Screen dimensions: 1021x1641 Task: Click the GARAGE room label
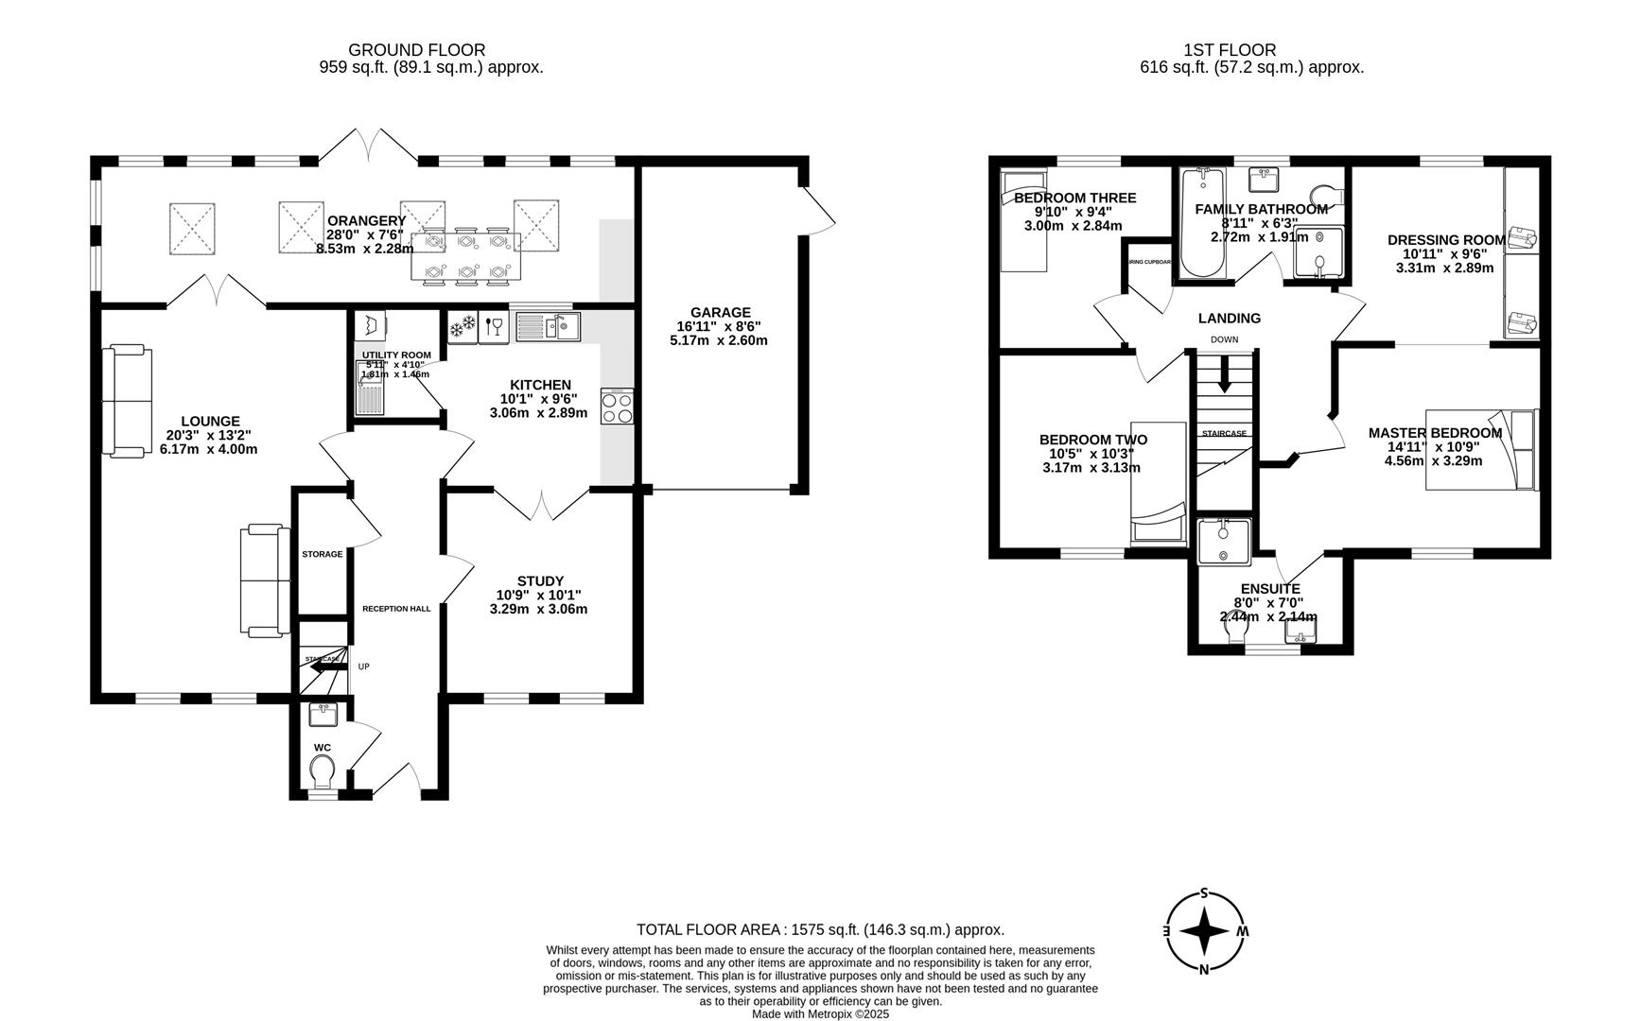[720, 313]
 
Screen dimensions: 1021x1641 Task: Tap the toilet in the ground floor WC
[322, 770]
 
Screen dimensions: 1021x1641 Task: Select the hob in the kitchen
[617, 407]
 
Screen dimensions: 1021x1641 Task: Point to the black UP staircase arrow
[324, 667]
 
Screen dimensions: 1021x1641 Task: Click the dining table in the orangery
[464, 256]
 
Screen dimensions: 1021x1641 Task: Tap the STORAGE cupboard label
[322, 554]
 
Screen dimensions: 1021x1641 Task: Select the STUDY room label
[540, 580]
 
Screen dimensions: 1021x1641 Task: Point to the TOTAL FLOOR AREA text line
[820, 929]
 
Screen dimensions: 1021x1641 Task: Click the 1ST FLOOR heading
[1229, 50]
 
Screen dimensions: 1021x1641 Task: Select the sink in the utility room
[368, 390]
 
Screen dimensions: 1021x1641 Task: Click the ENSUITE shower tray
[1223, 542]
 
